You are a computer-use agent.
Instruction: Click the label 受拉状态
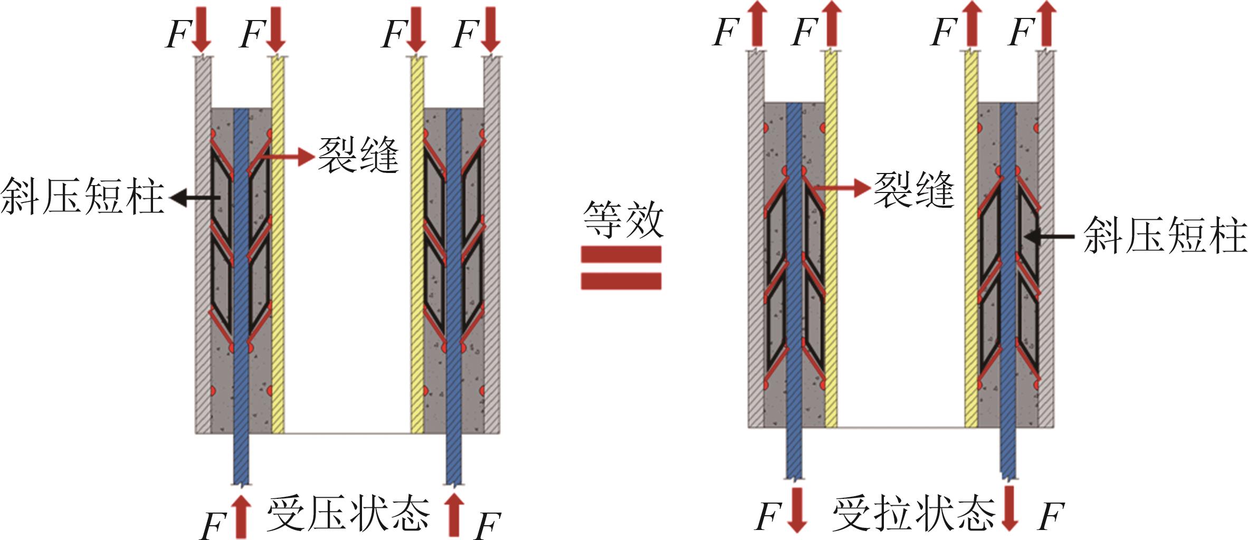913,514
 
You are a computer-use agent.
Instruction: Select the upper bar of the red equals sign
621,255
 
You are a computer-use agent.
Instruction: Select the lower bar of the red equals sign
621,281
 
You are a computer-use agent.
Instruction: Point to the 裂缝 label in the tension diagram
914,190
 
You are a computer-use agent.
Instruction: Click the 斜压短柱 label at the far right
1165,236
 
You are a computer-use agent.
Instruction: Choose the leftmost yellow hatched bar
278,243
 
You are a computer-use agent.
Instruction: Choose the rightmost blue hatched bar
1008,285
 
